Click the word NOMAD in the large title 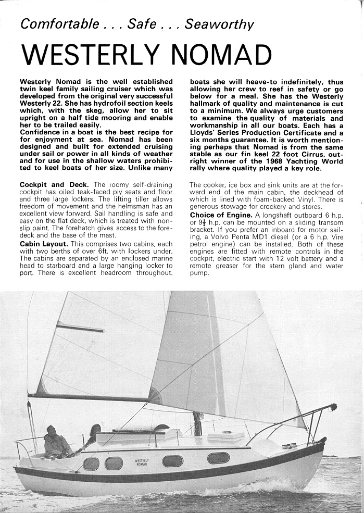(221, 55)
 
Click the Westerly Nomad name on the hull (142, 462)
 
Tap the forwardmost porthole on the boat (218, 458)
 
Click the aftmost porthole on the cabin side (91, 464)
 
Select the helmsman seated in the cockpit (55, 442)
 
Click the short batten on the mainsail (80, 328)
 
